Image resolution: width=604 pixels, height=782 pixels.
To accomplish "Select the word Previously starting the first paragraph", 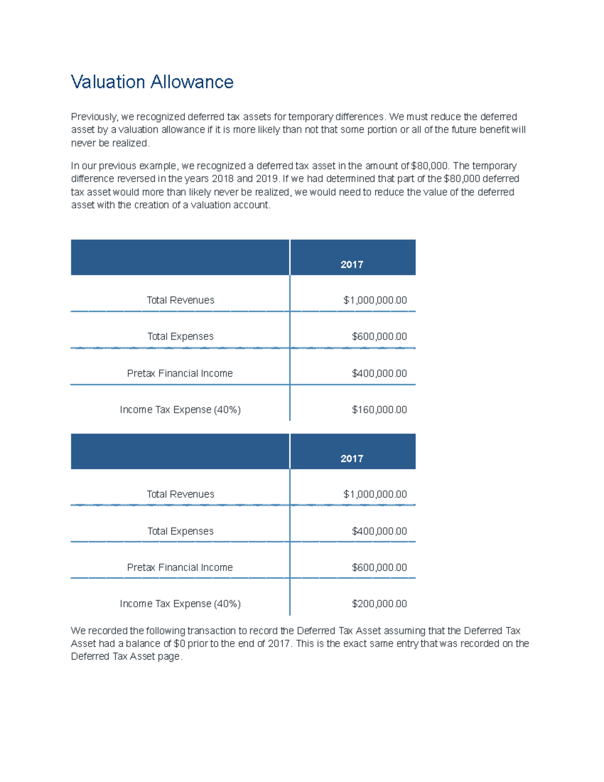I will coord(94,117).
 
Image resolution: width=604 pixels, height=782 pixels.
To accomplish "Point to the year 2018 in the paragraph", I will coord(222,179).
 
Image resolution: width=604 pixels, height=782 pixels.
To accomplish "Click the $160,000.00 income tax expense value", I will coord(379,410).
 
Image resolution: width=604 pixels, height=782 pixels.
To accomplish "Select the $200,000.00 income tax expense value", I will coord(379,604).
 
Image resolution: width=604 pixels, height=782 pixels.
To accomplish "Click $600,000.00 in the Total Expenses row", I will coord(379,336).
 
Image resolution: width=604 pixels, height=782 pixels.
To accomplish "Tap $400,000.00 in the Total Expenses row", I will coord(379,531).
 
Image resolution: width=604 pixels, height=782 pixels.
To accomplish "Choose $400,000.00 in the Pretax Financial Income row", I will coord(379,374).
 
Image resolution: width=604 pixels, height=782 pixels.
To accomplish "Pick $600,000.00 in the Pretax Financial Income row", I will coord(379,567).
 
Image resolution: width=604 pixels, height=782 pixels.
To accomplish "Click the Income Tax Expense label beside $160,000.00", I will coord(180,410).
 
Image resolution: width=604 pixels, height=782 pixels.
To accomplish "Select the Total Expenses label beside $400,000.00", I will coord(180,531).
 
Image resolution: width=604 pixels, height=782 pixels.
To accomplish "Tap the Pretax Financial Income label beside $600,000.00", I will coord(180,567).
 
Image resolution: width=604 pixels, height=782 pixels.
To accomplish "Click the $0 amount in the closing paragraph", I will coord(179,644).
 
